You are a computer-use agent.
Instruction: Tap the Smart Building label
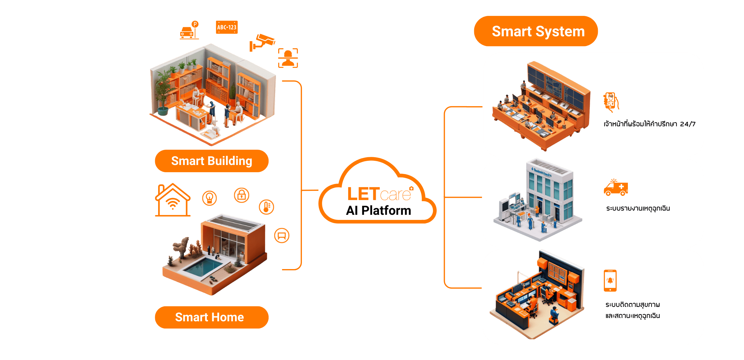click(x=212, y=161)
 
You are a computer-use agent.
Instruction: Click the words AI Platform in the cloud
click(x=378, y=211)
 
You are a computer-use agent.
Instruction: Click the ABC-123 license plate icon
click(x=227, y=27)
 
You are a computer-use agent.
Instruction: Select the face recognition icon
click(x=288, y=58)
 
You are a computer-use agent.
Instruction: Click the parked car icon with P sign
click(x=189, y=30)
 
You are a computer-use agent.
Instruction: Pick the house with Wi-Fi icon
click(x=173, y=200)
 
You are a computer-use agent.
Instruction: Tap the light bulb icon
click(x=209, y=198)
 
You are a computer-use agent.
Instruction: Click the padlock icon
click(x=242, y=195)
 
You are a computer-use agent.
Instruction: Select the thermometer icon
click(x=267, y=207)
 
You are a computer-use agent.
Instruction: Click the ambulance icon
click(x=616, y=188)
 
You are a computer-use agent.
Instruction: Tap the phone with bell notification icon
click(x=610, y=280)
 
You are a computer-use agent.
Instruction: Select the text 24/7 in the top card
click(x=688, y=124)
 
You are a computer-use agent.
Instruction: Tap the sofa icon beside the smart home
click(x=282, y=235)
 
